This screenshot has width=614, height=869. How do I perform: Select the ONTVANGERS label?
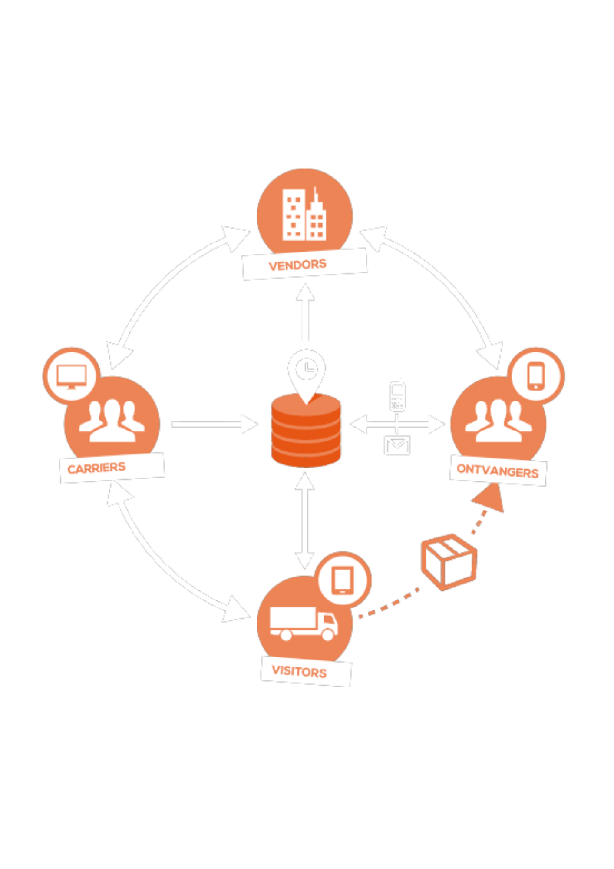[498, 471]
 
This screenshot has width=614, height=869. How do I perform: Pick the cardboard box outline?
[449, 561]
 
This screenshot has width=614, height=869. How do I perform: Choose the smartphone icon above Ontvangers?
[536, 376]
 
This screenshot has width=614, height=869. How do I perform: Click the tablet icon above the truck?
[343, 580]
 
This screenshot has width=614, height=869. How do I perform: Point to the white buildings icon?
[304, 215]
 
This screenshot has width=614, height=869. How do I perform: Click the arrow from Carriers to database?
[215, 425]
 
